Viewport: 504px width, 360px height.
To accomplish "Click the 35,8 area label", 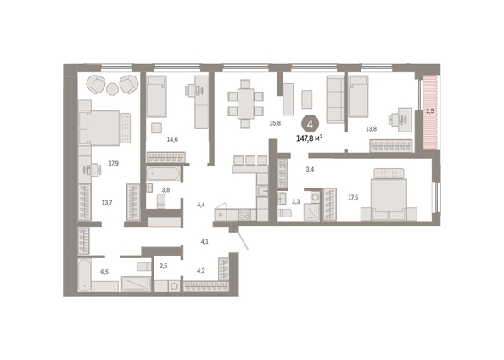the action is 275,123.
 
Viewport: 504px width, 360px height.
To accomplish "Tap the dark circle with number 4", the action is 310,124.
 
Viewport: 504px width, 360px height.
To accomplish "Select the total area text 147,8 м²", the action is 309,138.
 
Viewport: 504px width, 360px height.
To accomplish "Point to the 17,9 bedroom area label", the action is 114,163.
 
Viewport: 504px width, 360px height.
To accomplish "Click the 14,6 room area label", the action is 172,139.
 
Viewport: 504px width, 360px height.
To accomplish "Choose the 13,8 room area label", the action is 372,129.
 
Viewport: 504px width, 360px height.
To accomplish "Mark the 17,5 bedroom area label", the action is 353,198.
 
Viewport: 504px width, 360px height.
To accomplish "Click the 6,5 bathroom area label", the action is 104,273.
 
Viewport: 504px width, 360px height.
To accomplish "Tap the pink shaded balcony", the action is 430,113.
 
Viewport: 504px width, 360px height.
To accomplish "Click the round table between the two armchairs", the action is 112,89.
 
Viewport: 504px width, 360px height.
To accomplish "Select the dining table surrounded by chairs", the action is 246,104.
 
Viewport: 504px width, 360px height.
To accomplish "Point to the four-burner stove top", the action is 244,214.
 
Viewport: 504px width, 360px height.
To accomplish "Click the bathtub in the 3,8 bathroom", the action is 163,174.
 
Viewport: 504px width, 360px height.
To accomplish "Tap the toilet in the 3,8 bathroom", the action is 161,201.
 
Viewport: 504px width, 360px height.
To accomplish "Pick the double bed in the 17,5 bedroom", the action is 389,194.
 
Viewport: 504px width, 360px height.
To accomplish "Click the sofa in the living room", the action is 335,99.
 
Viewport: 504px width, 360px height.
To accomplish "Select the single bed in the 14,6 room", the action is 156,96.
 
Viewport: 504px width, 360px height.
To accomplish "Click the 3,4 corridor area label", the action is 310,170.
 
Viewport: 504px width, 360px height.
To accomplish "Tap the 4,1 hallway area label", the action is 204,242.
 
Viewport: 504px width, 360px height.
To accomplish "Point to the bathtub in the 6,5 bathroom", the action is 85,275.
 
